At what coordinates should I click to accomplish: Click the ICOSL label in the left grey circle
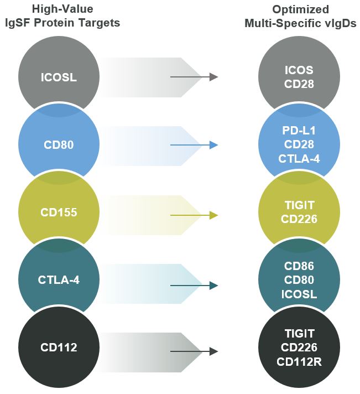(x=59, y=77)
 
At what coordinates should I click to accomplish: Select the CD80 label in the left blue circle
(x=59, y=146)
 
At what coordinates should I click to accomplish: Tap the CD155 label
(x=59, y=212)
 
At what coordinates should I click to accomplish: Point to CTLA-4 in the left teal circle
(x=59, y=281)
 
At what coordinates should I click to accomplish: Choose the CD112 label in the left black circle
(x=59, y=348)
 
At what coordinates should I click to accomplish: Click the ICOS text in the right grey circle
(x=299, y=71)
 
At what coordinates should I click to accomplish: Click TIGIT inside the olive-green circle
(x=299, y=206)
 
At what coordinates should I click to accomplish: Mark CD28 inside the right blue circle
(x=299, y=146)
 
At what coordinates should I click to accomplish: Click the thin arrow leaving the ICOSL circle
(x=194, y=77)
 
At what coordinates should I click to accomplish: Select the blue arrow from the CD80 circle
(x=194, y=146)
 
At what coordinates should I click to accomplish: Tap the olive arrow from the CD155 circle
(x=194, y=215)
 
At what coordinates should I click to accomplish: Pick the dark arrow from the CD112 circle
(x=194, y=351)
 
